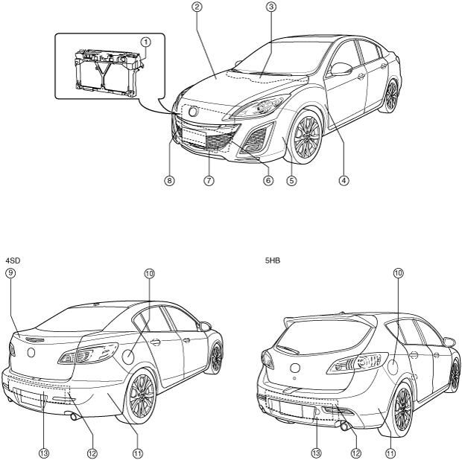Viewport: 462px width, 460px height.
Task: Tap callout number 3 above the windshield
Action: [x=271, y=7]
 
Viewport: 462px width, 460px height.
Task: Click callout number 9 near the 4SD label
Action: [x=10, y=274]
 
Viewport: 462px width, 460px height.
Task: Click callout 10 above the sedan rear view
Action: [x=149, y=274]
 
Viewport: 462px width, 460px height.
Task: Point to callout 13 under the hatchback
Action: [x=317, y=452]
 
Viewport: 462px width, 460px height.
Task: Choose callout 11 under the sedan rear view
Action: [x=137, y=452]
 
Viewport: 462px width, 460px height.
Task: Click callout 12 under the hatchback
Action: [x=355, y=452]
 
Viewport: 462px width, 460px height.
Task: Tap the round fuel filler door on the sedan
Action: [x=129, y=356]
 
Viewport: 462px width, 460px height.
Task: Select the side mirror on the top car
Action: [x=342, y=69]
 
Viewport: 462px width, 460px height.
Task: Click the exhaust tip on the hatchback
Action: [x=345, y=426]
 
